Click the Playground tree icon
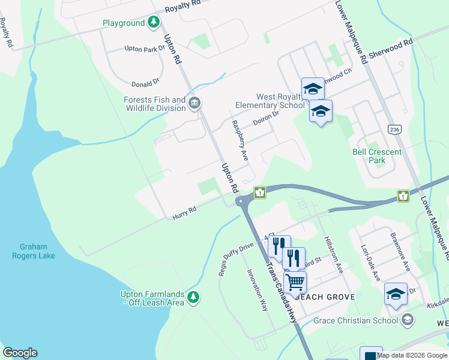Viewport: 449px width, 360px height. coord(154,23)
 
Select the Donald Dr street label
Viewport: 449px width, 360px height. coord(145,82)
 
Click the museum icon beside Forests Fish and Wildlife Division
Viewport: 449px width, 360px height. coord(194,104)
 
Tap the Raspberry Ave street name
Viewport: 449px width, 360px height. coord(240,140)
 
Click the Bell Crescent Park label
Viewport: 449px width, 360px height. coord(376,156)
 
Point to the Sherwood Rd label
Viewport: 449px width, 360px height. coord(391,48)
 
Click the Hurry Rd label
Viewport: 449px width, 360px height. coord(185,213)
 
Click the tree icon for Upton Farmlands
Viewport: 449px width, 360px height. coord(193,297)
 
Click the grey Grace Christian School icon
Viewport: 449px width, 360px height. coord(408,319)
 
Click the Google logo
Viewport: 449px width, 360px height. coord(20,353)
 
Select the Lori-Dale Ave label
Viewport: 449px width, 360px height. coord(370,262)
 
